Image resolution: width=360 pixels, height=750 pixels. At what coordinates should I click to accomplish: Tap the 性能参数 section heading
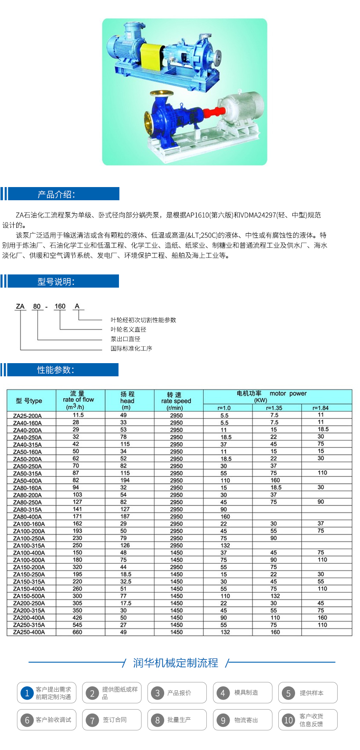tap(56, 370)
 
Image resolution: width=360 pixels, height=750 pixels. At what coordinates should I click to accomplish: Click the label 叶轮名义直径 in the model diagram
tap(128, 329)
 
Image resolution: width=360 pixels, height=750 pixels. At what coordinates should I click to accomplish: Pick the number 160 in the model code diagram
tap(60, 306)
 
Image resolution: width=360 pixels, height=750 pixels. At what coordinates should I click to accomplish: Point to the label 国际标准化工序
tap(131, 348)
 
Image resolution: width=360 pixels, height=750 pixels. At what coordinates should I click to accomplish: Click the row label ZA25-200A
tap(28, 415)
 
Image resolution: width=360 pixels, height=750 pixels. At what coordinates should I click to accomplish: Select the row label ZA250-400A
tap(29, 632)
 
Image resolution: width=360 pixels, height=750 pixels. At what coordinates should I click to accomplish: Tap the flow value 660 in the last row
tap(77, 632)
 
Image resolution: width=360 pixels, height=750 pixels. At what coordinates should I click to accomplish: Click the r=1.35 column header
tap(274, 408)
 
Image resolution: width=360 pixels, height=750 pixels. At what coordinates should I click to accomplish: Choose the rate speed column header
tap(176, 401)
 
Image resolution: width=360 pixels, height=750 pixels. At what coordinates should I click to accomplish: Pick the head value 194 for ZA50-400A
tap(125, 480)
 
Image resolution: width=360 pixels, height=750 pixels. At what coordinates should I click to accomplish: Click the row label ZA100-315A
tap(29, 545)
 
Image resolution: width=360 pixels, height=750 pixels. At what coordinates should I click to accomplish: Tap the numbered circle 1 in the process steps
tap(27, 693)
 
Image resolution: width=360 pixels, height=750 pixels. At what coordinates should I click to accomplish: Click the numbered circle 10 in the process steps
tap(288, 720)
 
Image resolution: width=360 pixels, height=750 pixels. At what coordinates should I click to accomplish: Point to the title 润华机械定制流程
tap(176, 663)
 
